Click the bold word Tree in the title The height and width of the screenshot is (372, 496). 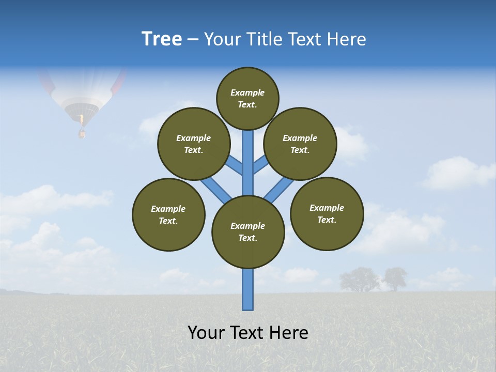[x=162, y=39]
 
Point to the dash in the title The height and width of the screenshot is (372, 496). [x=193, y=39]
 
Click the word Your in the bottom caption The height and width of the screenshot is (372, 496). [x=207, y=333]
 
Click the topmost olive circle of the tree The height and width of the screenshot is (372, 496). [x=247, y=98]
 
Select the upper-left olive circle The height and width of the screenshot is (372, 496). [x=194, y=144]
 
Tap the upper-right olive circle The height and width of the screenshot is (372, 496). [x=300, y=144]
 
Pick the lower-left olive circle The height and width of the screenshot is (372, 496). [x=168, y=214]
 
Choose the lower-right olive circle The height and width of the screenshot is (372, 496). [x=327, y=213]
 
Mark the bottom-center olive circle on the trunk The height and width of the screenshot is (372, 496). [x=248, y=232]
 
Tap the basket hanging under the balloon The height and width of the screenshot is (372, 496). [x=82, y=134]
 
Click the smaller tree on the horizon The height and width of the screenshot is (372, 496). [x=395, y=278]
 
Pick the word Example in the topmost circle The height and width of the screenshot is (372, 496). [x=247, y=92]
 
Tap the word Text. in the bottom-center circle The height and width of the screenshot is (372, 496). [x=247, y=238]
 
